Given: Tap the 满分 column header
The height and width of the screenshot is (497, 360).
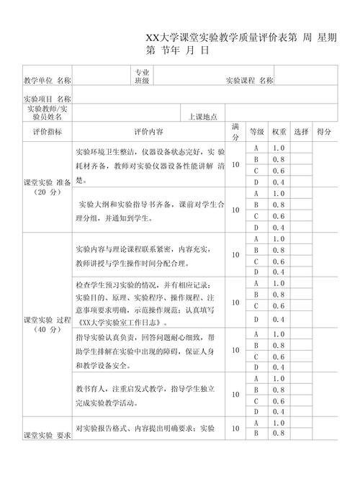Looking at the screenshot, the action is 235,132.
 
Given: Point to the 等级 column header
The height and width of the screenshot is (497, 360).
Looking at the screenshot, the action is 256,132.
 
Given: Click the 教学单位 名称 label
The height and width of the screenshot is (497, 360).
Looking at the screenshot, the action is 47,80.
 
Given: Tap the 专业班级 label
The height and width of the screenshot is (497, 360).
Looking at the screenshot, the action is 142,76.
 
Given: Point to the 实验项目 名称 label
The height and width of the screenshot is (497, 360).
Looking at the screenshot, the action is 47,98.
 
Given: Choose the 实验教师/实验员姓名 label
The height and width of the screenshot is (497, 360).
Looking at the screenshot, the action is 47,112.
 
